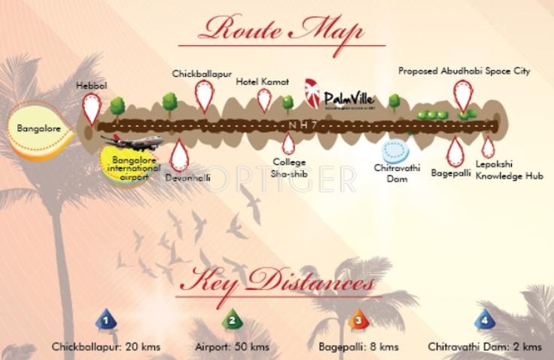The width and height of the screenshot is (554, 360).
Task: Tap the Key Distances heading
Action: (278, 285)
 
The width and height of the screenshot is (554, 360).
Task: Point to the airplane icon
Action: (131, 141)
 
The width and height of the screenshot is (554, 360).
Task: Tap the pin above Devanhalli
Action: (178, 154)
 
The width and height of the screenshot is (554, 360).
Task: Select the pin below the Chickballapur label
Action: (204, 96)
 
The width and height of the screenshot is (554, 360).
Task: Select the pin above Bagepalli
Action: (454, 151)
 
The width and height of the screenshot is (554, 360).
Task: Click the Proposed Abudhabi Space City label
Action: (464, 72)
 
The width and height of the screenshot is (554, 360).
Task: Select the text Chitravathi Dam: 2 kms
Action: (484, 347)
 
